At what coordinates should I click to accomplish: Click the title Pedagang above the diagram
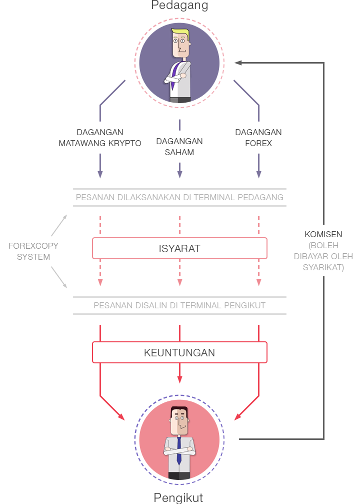[x=179, y=6]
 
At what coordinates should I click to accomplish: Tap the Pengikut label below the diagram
[x=179, y=497]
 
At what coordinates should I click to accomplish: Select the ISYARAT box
[x=179, y=248]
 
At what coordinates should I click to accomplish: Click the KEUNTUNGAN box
[x=179, y=352]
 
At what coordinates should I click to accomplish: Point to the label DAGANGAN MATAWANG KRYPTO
[x=100, y=138]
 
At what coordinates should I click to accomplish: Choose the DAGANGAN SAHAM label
[x=179, y=147]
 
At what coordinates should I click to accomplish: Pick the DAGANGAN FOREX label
[x=258, y=138]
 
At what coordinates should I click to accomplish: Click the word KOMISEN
[x=323, y=234]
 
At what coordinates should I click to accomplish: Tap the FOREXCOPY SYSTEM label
[x=33, y=251]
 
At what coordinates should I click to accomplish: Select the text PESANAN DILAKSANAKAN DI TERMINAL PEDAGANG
[x=179, y=197]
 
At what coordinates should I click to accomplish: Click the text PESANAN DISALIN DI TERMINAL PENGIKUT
[x=179, y=305]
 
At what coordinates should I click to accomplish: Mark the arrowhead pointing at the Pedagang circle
[x=238, y=63]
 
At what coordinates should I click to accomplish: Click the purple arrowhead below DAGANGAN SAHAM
[x=179, y=174]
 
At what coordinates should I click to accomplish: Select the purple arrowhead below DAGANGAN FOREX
[x=258, y=174]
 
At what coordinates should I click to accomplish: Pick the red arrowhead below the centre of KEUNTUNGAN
[x=179, y=380]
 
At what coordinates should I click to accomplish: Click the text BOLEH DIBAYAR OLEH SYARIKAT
[x=327, y=257]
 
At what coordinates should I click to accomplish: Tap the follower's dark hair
[x=179, y=411]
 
